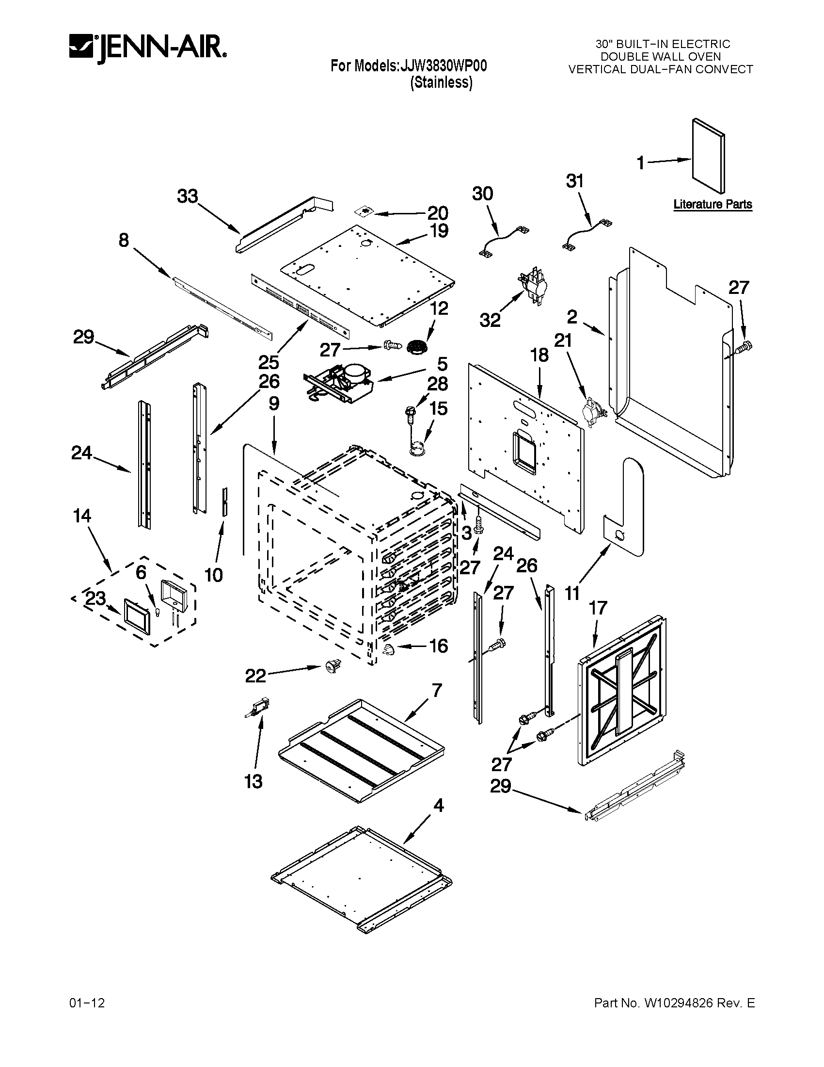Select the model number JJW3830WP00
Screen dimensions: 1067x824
[x=443, y=66]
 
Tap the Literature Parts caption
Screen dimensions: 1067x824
[x=712, y=204]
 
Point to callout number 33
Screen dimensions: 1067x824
[x=188, y=196]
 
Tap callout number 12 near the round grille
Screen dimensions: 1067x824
[x=439, y=308]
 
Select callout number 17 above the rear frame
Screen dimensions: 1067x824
[x=598, y=608]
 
